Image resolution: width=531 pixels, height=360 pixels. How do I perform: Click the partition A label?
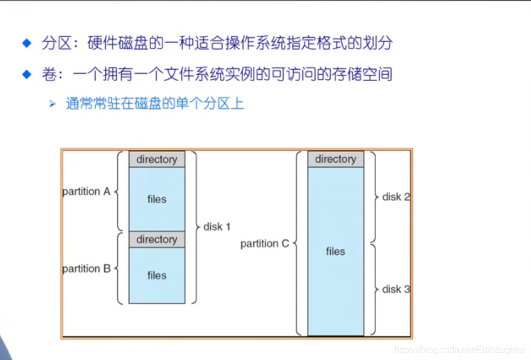86,192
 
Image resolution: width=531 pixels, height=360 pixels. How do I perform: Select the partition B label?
86,269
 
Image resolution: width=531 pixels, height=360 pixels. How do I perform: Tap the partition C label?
264,244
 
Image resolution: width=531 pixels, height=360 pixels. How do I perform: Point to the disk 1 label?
217,227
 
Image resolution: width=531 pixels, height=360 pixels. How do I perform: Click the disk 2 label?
396,197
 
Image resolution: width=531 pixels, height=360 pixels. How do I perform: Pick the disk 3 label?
396,289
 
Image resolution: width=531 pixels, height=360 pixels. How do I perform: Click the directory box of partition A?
157,159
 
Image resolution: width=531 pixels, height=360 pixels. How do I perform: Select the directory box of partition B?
157,239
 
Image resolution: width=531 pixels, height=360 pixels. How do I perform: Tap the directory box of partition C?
335,159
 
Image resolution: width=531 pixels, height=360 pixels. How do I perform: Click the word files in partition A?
157,199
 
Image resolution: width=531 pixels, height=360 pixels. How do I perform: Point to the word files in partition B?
157,275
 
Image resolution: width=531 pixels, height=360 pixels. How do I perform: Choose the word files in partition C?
335,251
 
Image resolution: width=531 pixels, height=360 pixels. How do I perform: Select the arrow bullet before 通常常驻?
52,104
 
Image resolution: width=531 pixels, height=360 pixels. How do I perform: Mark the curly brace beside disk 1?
194,227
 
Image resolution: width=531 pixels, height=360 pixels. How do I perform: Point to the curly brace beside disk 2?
374,197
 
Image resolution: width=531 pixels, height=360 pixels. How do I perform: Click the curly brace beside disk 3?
374,289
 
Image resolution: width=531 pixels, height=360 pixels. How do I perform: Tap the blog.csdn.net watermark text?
460,350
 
